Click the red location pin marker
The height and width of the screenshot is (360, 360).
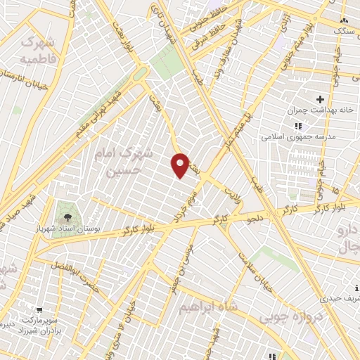click(181, 165)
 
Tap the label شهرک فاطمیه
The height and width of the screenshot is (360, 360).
click(39, 51)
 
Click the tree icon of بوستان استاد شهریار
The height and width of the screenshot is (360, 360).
click(67, 216)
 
